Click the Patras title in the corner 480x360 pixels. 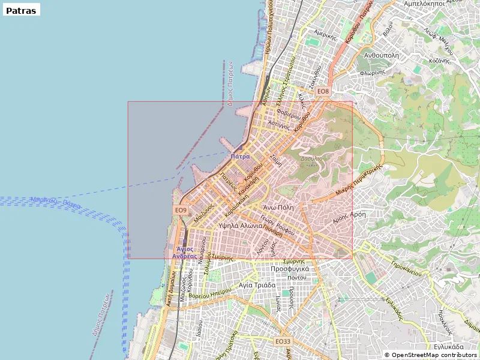pyautogui.click(x=21, y=10)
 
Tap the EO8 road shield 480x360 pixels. pyautogui.click(x=323, y=91)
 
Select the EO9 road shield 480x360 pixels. pyautogui.click(x=181, y=211)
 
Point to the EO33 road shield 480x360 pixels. pyautogui.click(x=283, y=341)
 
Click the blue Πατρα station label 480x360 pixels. pyautogui.click(x=240, y=156)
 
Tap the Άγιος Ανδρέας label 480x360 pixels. pyautogui.click(x=184, y=252)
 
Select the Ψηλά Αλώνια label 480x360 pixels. pyautogui.click(x=241, y=226)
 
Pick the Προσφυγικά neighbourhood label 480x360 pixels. pyautogui.click(x=290, y=269)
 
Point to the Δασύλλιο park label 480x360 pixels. pyautogui.click(x=311, y=158)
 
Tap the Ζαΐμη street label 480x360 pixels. pyautogui.click(x=276, y=159)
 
